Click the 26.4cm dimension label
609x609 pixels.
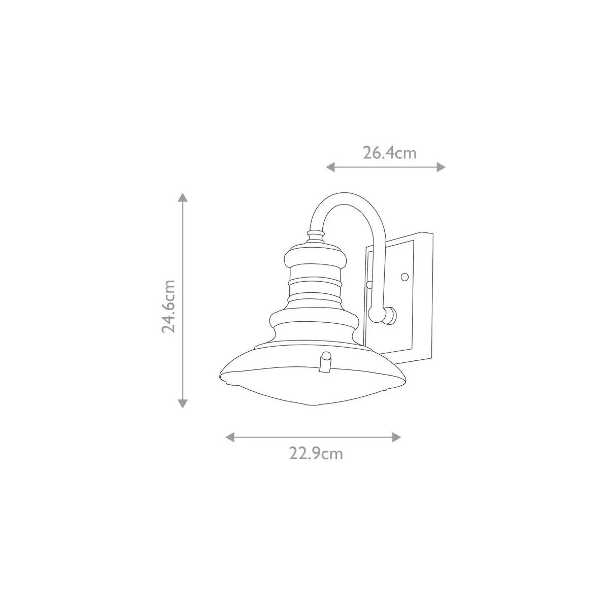pos(389,153)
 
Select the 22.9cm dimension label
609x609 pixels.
pos(316,454)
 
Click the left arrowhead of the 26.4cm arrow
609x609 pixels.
pos(330,167)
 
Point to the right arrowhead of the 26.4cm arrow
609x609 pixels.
pos(441,167)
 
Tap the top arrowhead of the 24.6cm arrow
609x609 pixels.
pos(183,197)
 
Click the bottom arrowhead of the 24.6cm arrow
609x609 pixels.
pos(183,403)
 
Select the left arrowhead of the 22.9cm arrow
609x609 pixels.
pos(229,437)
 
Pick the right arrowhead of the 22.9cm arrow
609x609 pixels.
pos(397,437)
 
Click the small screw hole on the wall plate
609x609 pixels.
pos(404,277)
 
